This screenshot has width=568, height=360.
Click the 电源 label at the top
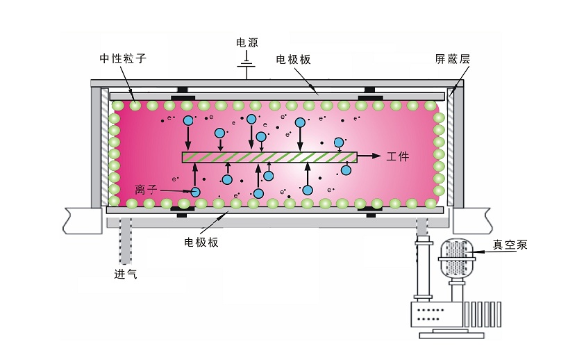[247, 43]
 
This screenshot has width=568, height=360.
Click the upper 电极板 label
[293, 60]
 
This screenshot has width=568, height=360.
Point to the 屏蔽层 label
[453, 59]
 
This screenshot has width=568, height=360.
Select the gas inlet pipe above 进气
[125, 240]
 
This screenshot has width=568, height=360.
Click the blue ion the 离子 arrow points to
[196, 192]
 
